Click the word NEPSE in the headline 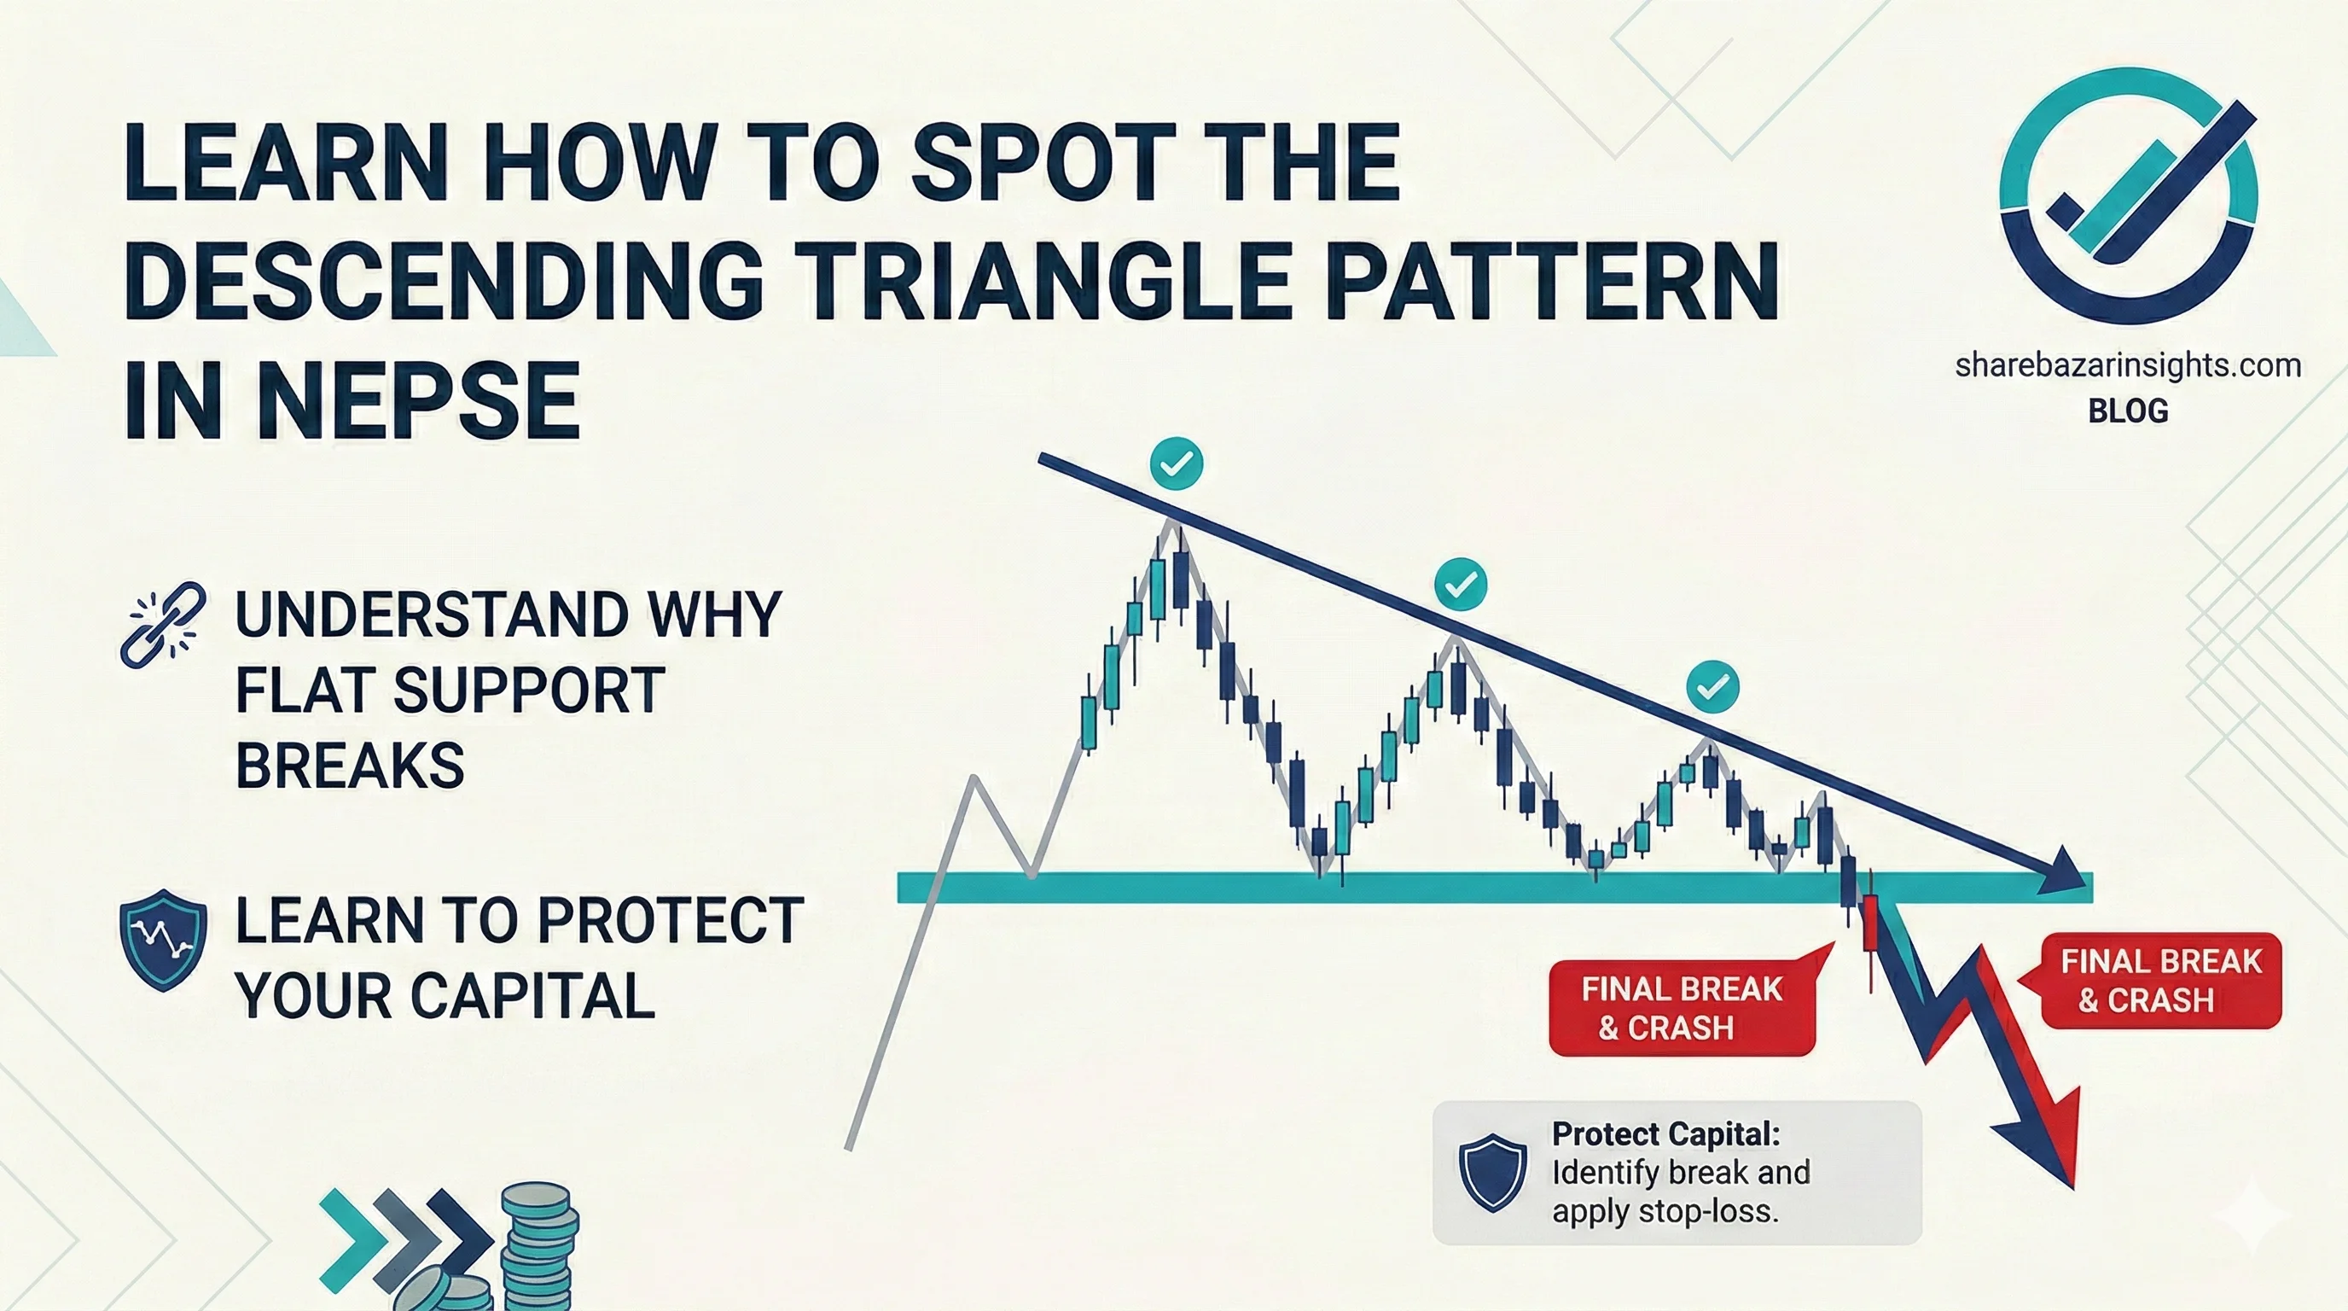(x=418, y=401)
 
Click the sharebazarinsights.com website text (x=2127, y=365)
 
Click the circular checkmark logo (x=2127, y=195)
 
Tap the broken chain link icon (x=162, y=623)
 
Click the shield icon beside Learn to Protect (x=163, y=940)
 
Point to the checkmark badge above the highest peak (x=1177, y=464)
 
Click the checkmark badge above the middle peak (x=1460, y=584)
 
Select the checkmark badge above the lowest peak (x=1712, y=686)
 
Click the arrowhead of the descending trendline (x=2062, y=871)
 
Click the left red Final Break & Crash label (x=1682, y=1008)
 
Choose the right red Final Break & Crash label (x=2160, y=981)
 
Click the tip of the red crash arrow (x=2072, y=1188)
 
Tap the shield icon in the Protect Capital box (x=1493, y=1173)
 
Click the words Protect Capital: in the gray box (x=1666, y=1134)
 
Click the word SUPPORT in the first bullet (x=528, y=690)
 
